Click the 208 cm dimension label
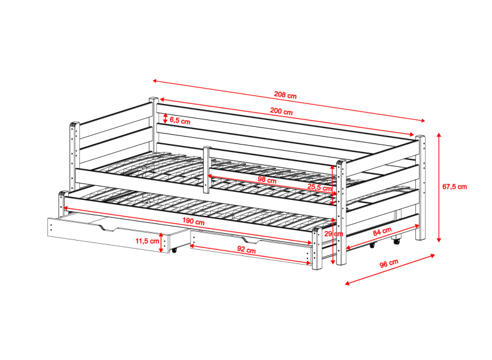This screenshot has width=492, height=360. tap(285, 95)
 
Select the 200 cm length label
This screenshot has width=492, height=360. tap(281, 111)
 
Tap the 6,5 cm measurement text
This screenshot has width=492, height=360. tap(180, 121)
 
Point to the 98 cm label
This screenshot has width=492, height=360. tap(267, 180)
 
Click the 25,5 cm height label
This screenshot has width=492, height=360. tap(319, 187)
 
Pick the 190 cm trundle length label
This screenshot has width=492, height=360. tap(193, 222)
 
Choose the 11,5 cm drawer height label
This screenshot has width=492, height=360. tap(147, 241)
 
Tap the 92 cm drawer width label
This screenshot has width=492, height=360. tap(247, 250)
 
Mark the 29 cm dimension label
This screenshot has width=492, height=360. tap(333, 234)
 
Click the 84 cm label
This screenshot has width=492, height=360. tap(382, 231)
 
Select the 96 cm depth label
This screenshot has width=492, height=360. tap(389, 263)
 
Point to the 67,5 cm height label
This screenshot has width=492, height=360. tap(454, 186)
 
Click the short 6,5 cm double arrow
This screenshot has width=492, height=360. tap(165, 118)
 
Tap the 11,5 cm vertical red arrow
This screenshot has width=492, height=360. tap(161, 242)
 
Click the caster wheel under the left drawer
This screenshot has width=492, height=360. tap(173, 250)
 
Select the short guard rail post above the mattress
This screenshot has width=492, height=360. tap(207, 169)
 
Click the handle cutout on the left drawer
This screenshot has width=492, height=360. tap(108, 228)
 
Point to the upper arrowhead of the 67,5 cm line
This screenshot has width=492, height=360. tap(439, 135)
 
